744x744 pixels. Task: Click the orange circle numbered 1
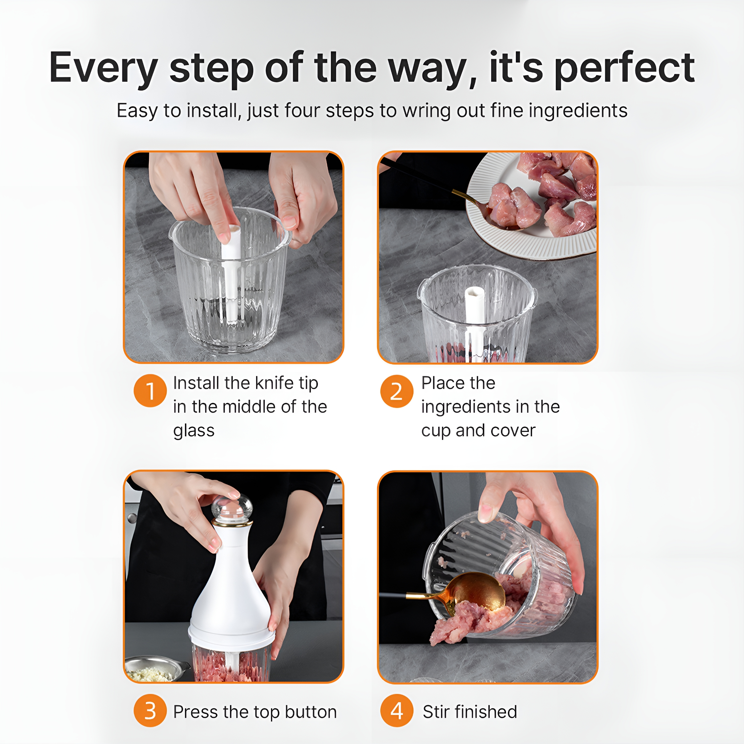pos(150,391)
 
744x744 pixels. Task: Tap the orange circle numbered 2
pos(397,391)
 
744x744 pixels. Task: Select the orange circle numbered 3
pos(150,711)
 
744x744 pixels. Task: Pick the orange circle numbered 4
pos(397,711)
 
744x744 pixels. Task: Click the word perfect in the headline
pos(624,69)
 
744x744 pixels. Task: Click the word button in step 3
pos(311,712)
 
